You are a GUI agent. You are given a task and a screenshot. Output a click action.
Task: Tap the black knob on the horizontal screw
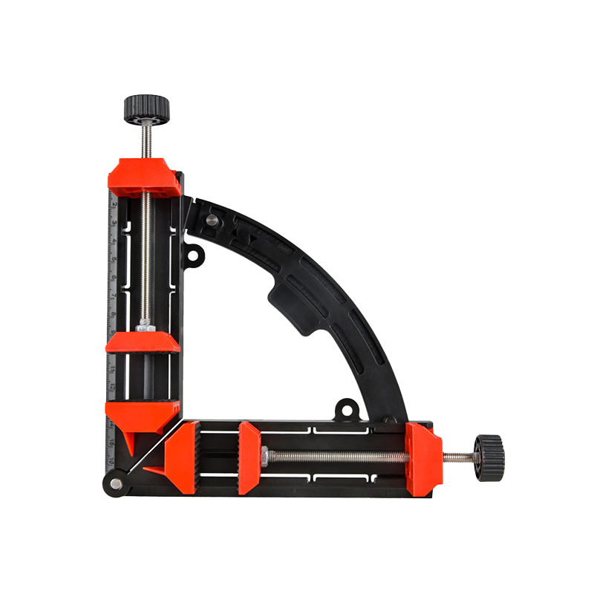click(x=490, y=457)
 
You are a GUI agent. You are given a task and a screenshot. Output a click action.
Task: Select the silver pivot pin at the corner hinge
click(x=117, y=484)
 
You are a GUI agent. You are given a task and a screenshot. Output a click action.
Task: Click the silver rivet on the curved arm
click(x=212, y=220)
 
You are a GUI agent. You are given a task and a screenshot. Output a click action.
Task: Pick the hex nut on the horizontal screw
click(x=266, y=456)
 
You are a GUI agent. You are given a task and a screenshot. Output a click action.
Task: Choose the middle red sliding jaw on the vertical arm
click(x=143, y=342)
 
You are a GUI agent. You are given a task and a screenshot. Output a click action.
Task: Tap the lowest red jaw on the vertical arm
click(x=143, y=412)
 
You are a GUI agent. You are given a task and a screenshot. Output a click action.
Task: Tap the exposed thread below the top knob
click(x=146, y=138)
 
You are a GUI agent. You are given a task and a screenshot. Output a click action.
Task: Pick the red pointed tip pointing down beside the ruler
click(x=127, y=444)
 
